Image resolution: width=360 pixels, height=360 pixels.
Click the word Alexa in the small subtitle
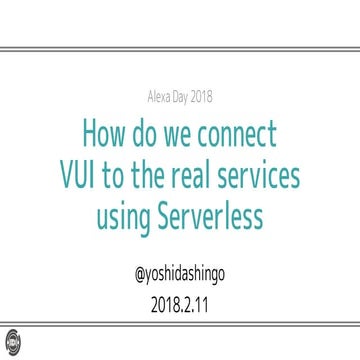click(x=157, y=97)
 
